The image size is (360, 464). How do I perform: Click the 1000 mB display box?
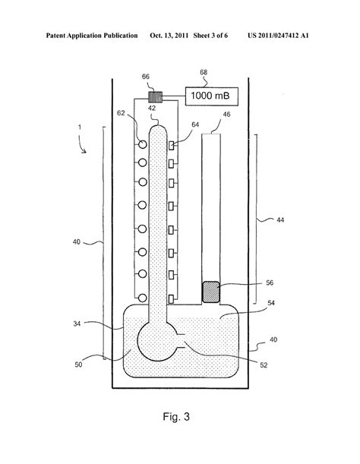(x=212, y=96)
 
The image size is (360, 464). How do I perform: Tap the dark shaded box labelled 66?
(x=156, y=97)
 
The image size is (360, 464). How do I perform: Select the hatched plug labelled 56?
(x=211, y=292)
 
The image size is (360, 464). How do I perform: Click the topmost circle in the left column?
(x=142, y=144)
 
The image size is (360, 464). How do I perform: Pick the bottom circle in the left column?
(x=142, y=298)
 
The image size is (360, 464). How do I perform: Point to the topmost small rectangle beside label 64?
(x=171, y=145)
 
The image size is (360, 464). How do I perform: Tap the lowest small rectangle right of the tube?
(x=171, y=299)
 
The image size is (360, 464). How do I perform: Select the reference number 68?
(x=204, y=72)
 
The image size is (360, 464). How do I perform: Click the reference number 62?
(x=121, y=113)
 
